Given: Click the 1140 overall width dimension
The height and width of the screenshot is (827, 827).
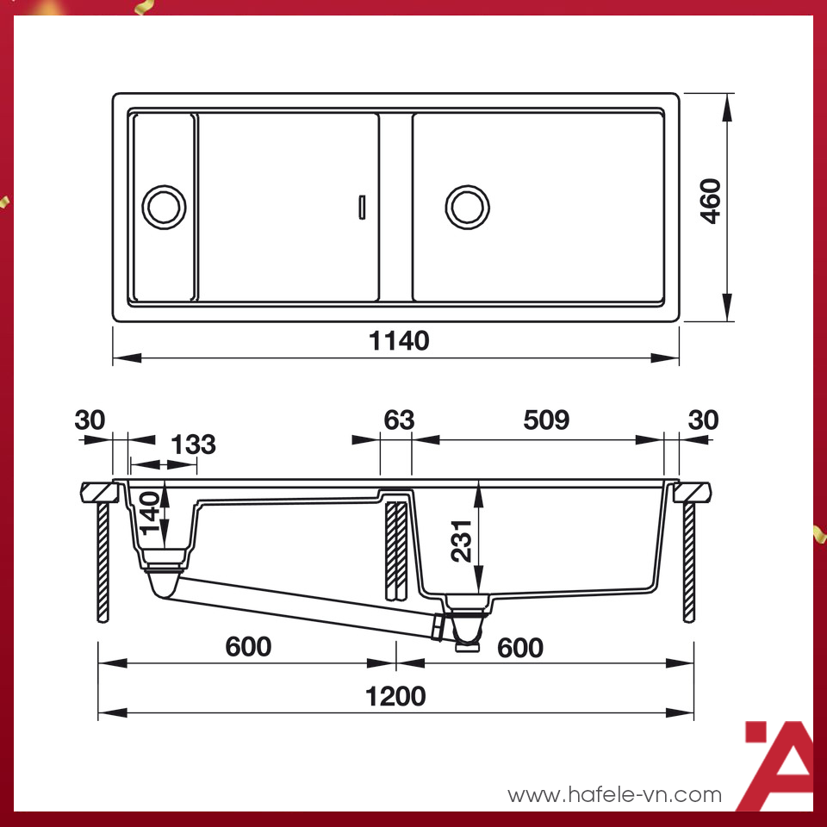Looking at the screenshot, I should pos(399,341).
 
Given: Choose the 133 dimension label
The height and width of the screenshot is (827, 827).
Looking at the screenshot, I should pos(193,445).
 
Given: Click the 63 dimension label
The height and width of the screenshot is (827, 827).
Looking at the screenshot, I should pos(398,420).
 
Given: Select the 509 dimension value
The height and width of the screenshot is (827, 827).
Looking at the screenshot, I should pos(546,420).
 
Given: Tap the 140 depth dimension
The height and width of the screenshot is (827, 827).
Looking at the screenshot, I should pos(151,513).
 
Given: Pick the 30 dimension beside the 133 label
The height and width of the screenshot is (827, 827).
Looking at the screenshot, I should pos(90,420).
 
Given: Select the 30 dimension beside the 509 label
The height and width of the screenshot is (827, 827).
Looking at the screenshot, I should pos(703,420).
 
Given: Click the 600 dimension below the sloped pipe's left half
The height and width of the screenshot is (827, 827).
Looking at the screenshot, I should pos(248,646).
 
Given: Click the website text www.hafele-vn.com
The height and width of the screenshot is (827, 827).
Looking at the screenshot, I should pos(614,794).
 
